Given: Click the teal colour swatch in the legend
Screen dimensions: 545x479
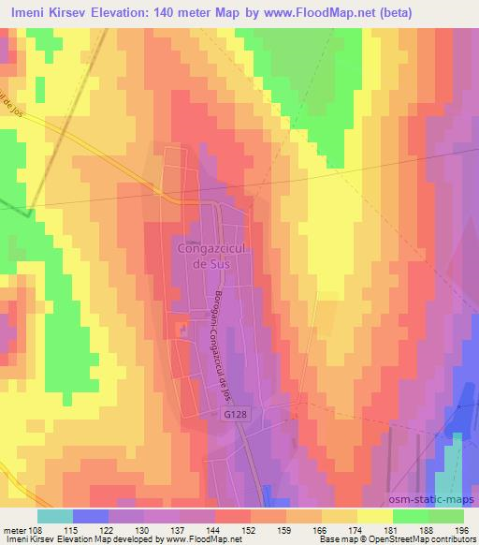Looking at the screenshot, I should (55, 516).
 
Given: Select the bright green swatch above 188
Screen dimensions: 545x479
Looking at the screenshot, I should (411, 516).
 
